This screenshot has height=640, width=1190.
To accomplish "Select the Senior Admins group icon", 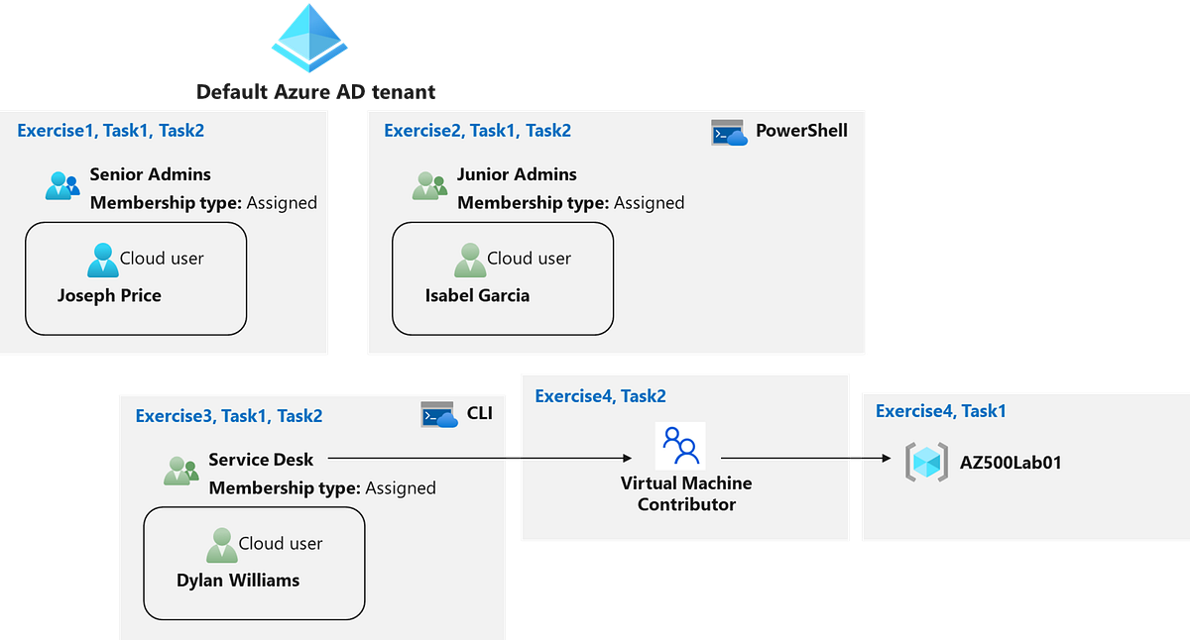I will tap(62, 185).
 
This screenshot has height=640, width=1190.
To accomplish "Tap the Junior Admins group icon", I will tap(429, 185).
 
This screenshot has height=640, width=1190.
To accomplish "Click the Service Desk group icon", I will tap(181, 471).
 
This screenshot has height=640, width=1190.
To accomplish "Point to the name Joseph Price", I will tap(109, 295).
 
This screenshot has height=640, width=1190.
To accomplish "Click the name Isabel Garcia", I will tap(477, 295).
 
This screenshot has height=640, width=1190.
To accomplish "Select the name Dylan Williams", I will tap(238, 580).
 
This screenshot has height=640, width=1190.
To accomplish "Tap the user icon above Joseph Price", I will tap(102, 261).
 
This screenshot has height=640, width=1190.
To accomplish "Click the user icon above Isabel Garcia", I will tap(470, 261).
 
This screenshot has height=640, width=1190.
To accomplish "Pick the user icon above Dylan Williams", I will tap(221, 545).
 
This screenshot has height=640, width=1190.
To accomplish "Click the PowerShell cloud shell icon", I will tap(729, 133).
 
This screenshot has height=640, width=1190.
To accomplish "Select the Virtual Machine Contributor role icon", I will tap(680, 446).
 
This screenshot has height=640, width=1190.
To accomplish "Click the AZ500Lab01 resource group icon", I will tap(926, 463).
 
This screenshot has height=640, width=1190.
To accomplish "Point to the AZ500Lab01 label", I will tap(1011, 462).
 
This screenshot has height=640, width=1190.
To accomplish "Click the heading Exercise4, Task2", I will tap(600, 396).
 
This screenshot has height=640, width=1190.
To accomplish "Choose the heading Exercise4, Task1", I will tap(941, 411).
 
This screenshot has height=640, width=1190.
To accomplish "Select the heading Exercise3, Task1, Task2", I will tap(228, 416).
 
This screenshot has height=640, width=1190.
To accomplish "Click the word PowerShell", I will tap(801, 131).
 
